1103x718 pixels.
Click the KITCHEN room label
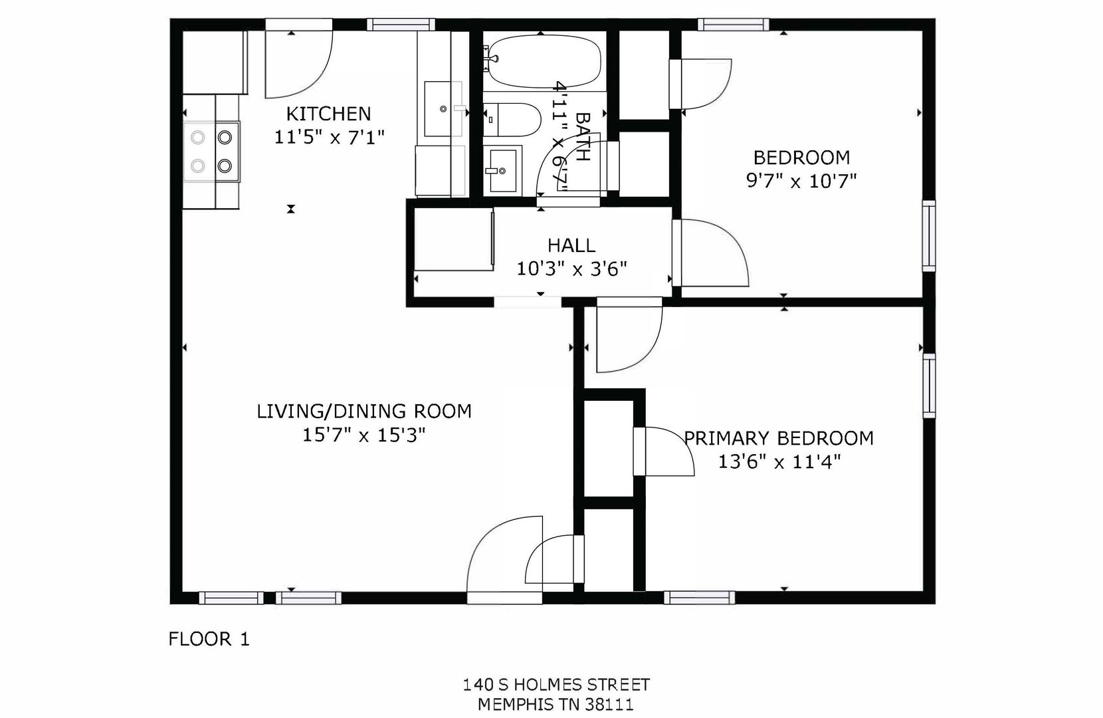pos(328,114)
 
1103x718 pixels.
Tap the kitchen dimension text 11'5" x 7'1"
pos(329,138)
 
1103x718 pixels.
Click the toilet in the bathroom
pos(512,120)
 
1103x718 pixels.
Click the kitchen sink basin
pos(443,109)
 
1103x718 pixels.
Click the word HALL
pos(571,245)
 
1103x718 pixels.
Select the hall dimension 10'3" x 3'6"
pos(571,269)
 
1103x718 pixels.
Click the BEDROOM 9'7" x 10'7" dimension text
pos(801,181)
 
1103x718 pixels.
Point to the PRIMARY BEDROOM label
pos(779,438)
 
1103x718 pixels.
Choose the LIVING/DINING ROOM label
pos(364,411)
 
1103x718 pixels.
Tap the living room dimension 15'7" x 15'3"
pos(364,435)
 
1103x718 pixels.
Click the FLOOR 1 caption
pos(209,639)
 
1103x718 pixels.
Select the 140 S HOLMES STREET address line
pos(556,685)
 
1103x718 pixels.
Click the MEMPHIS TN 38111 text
pos(555,705)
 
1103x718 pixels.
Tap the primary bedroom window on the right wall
pos(929,386)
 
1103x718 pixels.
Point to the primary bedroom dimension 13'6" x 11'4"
pos(779,462)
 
